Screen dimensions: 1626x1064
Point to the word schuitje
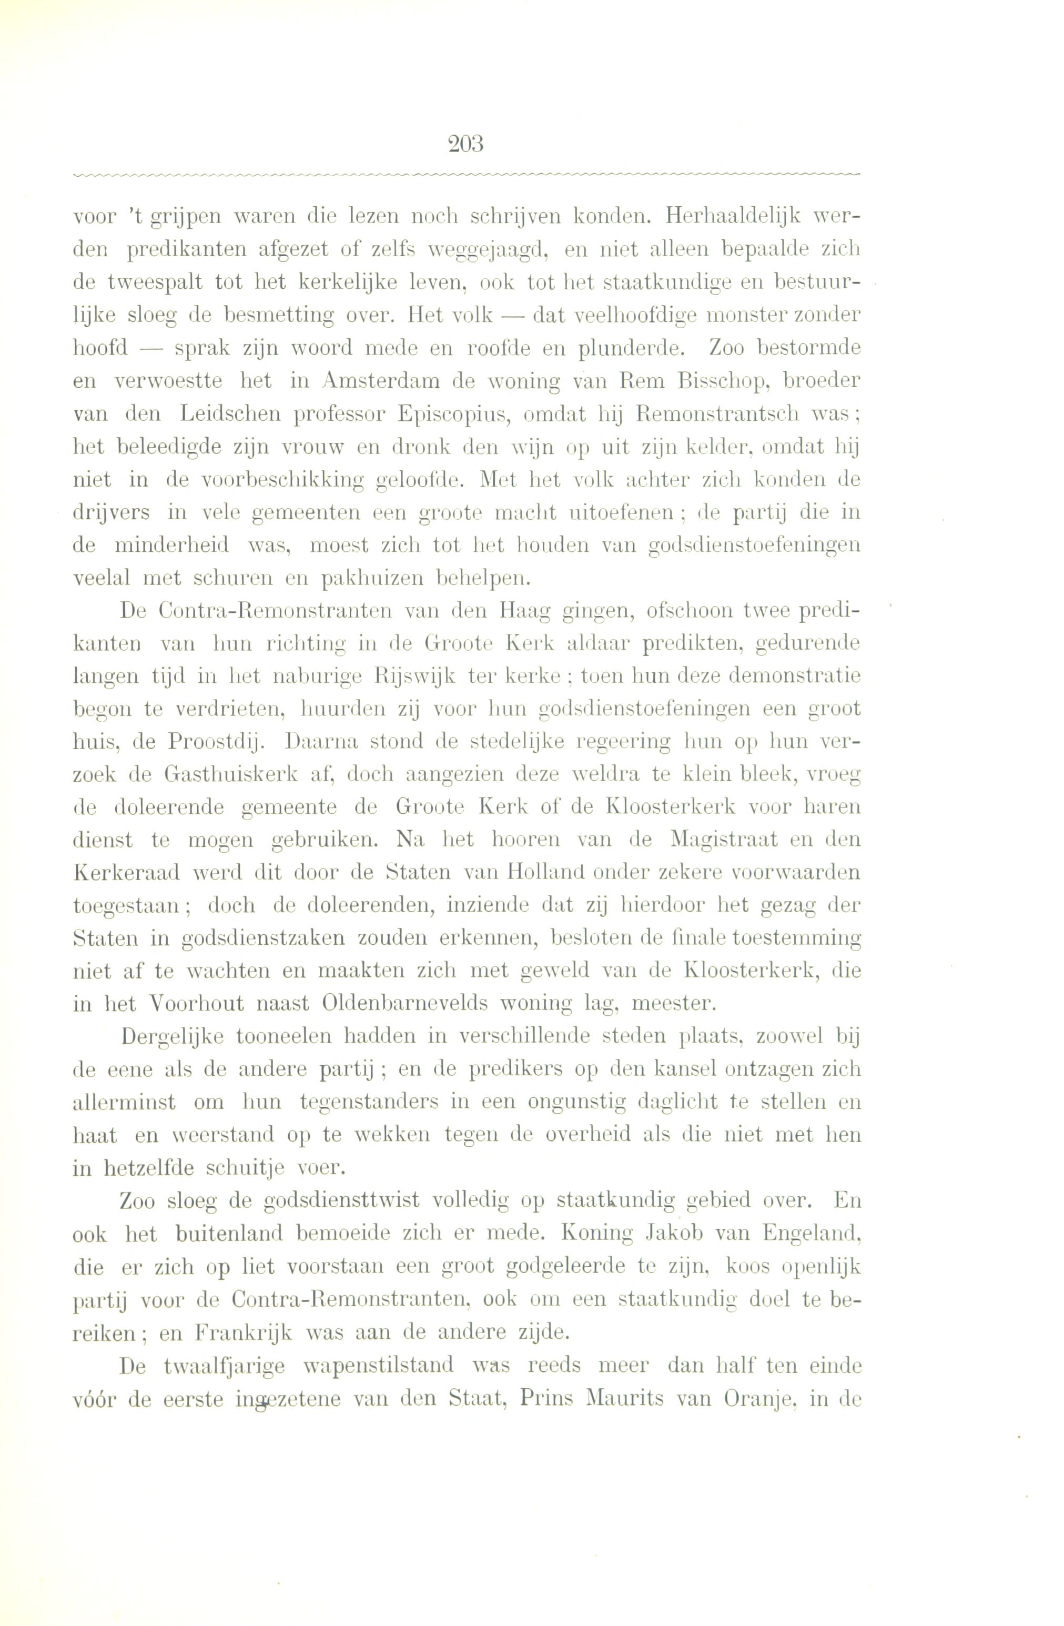(x=252, y=1168)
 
